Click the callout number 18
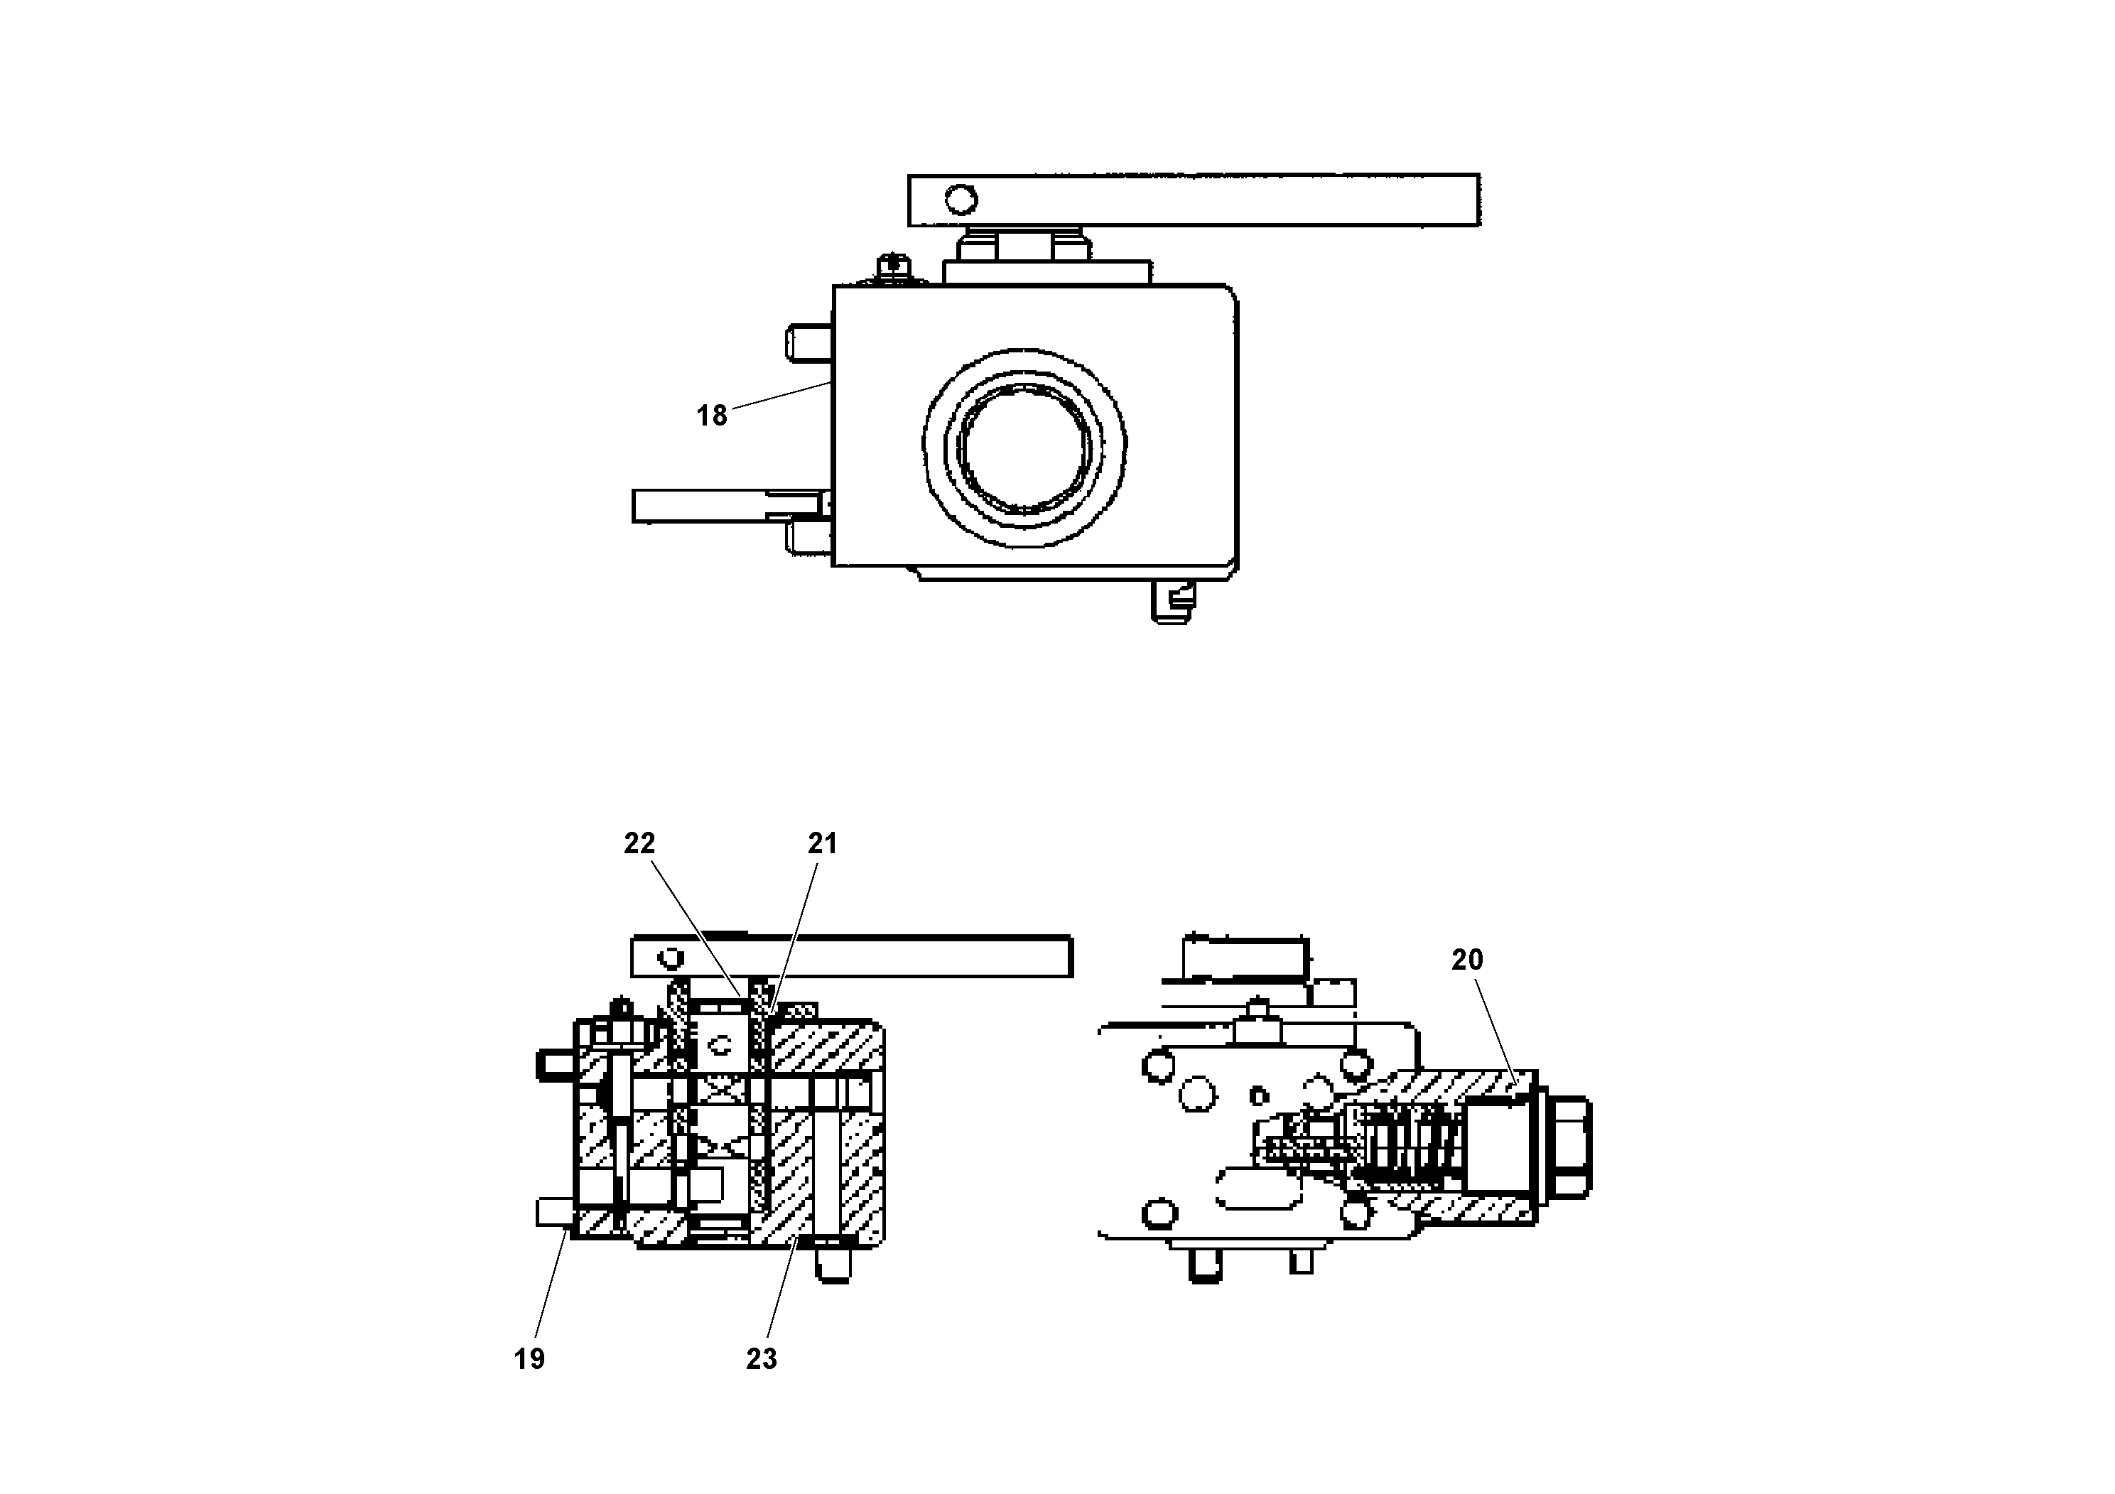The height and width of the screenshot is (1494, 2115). click(711, 416)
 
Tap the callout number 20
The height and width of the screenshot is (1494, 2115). click(1467, 960)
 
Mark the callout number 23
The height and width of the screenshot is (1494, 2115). click(761, 1358)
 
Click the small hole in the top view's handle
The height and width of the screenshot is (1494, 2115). click(961, 199)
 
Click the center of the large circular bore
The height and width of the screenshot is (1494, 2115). click(1024, 450)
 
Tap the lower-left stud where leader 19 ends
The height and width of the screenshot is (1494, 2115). click(555, 1212)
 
